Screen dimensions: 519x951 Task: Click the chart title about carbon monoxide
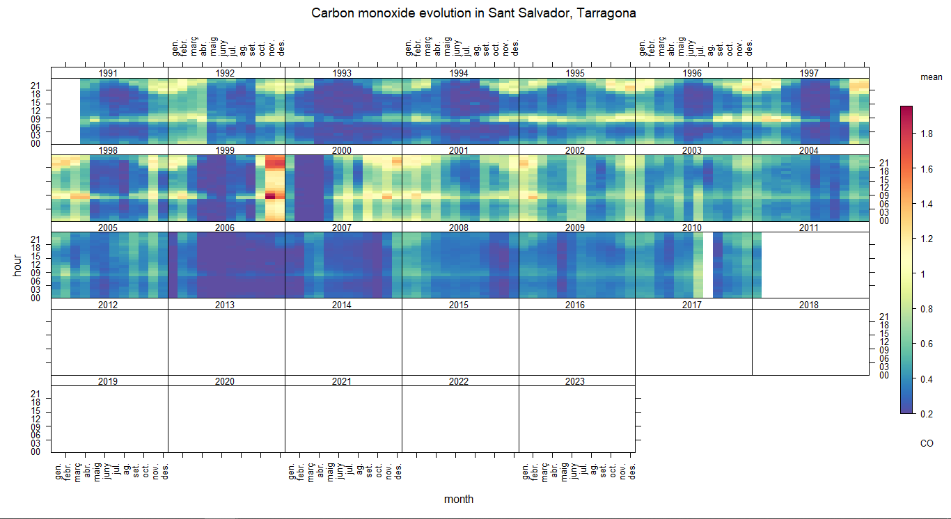click(x=473, y=13)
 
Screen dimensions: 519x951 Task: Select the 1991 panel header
click(x=108, y=73)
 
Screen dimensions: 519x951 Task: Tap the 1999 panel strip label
click(x=225, y=150)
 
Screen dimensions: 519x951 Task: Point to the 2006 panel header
click(x=225, y=227)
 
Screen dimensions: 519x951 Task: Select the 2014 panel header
click(x=342, y=305)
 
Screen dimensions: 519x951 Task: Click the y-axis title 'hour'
click(x=18, y=265)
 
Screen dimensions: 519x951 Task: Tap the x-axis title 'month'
click(x=459, y=499)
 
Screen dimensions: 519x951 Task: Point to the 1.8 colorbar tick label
click(x=927, y=134)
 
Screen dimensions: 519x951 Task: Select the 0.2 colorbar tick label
click(x=927, y=414)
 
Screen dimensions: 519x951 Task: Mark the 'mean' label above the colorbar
click(x=931, y=77)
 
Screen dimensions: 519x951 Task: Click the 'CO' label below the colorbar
click(x=927, y=443)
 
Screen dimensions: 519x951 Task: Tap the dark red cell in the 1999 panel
click(x=271, y=196)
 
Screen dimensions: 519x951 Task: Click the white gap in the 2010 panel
click(x=707, y=265)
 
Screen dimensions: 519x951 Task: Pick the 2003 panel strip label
click(x=692, y=150)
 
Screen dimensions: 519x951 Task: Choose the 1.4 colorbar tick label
click(x=927, y=204)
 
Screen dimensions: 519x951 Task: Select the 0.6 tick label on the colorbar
click(x=927, y=344)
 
